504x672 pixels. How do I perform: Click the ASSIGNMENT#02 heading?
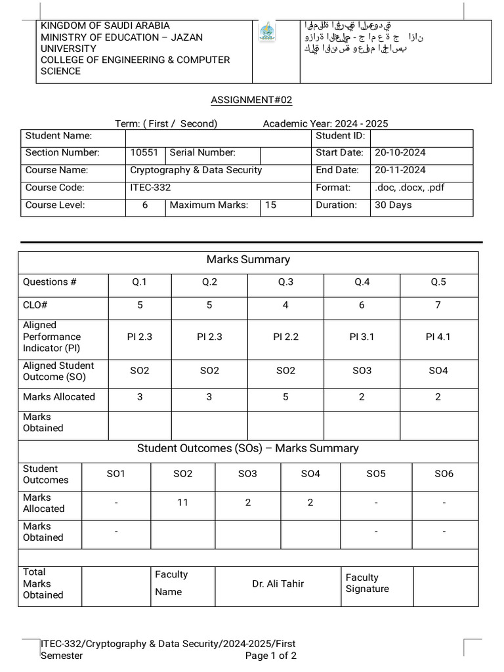click(x=251, y=100)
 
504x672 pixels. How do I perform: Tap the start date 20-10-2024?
click(x=400, y=152)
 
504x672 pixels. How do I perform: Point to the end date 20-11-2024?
click(x=400, y=170)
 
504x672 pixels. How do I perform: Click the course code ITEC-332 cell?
click(x=150, y=188)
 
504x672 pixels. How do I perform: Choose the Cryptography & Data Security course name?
click(x=196, y=170)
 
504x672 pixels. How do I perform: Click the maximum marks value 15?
click(x=270, y=205)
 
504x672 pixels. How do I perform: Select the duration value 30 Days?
click(x=393, y=205)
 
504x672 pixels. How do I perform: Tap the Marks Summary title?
click(x=248, y=259)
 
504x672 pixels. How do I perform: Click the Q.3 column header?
click(x=285, y=282)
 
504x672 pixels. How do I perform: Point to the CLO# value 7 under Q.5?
click(x=438, y=305)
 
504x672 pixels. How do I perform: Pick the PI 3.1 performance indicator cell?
click(x=362, y=337)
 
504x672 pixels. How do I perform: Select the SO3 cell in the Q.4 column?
click(x=362, y=371)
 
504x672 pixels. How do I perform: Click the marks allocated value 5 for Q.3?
click(x=285, y=397)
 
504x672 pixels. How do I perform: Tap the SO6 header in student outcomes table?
click(x=444, y=474)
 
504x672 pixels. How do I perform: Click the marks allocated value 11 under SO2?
click(x=182, y=503)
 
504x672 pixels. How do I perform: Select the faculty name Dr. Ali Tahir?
click(x=278, y=583)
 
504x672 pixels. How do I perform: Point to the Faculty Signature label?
click(x=367, y=583)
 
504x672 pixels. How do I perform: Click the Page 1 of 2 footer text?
click(x=270, y=656)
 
